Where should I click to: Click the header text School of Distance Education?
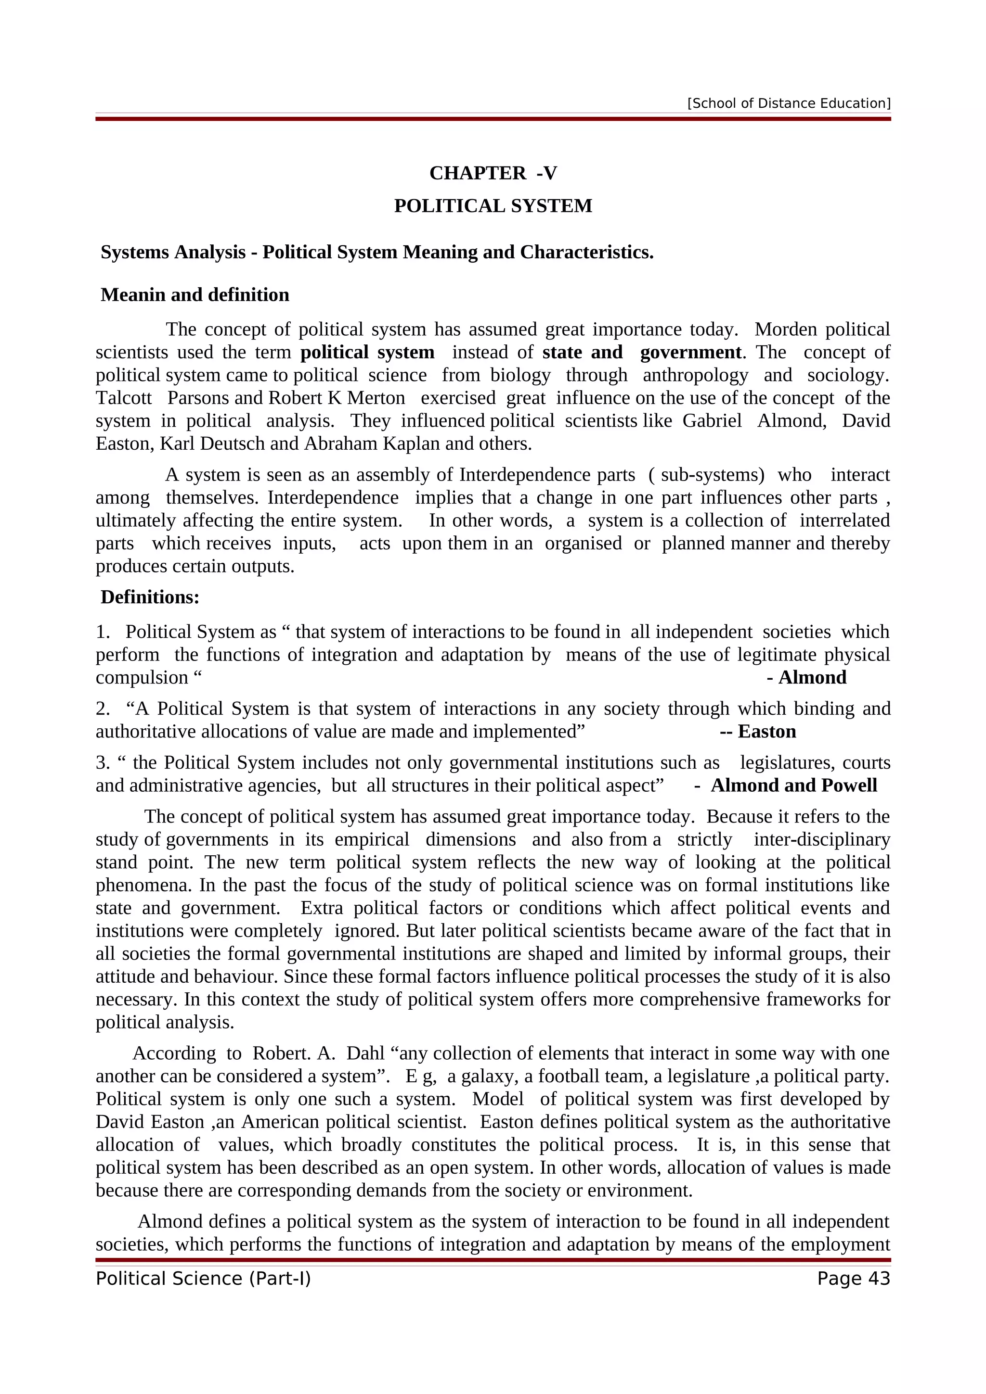[789, 103]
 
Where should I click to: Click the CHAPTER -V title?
[493, 173]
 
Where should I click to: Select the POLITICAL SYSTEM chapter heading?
[493, 206]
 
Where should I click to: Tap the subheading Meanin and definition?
[195, 294]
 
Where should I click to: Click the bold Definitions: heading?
[150, 597]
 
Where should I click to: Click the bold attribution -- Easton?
[758, 731]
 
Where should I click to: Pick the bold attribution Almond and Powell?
[793, 785]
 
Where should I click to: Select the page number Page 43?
[853, 1278]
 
